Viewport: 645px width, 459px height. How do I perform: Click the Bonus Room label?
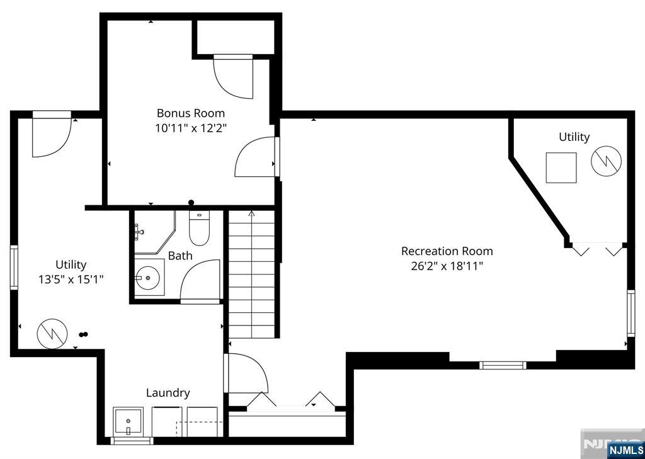click(191, 113)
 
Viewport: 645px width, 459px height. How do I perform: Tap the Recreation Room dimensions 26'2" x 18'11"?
click(447, 266)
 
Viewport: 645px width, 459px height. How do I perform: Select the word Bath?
click(180, 256)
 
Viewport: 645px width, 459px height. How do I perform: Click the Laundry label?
click(168, 393)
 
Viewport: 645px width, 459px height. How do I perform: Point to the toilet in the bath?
click(199, 229)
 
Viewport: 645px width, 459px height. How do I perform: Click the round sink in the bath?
click(147, 278)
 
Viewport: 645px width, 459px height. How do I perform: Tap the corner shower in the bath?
click(154, 232)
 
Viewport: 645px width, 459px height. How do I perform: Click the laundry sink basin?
click(128, 422)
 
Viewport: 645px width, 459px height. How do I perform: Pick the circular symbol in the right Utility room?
click(606, 162)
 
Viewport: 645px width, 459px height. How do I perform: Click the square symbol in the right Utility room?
click(561, 167)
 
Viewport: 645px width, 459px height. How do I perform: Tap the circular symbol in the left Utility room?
click(52, 334)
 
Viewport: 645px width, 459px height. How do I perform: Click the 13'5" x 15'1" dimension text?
click(71, 280)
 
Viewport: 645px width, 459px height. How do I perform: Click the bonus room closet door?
click(233, 77)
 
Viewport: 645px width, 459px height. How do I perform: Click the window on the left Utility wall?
click(14, 268)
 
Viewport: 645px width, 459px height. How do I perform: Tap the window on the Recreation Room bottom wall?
click(503, 365)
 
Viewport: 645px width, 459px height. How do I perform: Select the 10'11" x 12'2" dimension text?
click(191, 128)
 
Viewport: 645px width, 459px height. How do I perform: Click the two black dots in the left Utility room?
click(84, 334)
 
